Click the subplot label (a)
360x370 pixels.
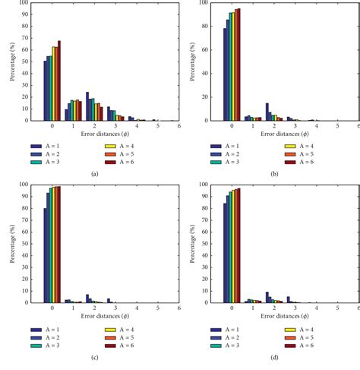93,174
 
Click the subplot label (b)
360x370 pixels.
273,174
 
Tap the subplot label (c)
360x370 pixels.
93,356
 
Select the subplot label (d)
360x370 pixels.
273,356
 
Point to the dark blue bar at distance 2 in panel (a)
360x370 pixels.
87,106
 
